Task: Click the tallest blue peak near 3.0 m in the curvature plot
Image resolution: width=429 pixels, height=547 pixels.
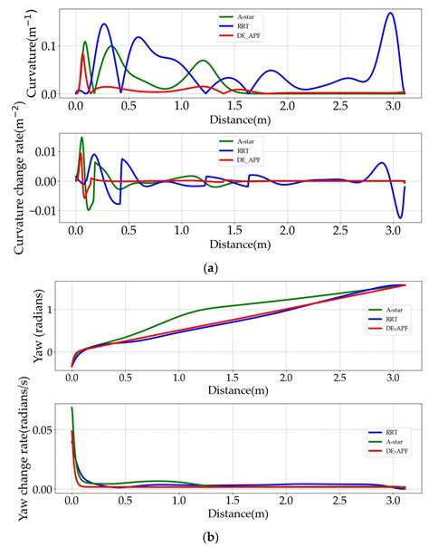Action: pyautogui.click(x=390, y=14)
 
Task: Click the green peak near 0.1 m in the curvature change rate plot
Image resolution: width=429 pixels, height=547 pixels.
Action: pyautogui.click(x=81, y=138)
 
